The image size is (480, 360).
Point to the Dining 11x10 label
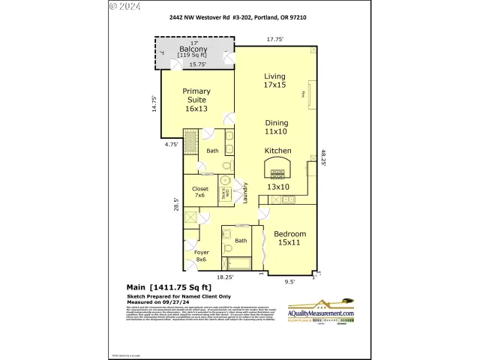276,127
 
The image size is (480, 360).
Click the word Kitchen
277,151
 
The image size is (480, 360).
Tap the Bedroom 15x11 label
289,238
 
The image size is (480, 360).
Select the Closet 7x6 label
200,193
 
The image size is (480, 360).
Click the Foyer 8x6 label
201,256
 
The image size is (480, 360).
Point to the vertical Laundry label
245,197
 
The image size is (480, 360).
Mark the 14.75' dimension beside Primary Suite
154,103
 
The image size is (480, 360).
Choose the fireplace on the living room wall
312,94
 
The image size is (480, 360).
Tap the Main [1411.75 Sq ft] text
169,287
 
